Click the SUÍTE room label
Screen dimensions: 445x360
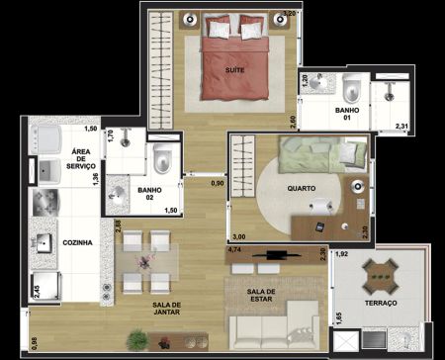point(234,70)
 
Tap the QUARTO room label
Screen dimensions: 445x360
point(302,189)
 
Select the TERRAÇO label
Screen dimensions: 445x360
point(381,303)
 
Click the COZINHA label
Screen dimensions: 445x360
point(77,242)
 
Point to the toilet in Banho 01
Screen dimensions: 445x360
point(351,88)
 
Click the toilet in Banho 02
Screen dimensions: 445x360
point(162,158)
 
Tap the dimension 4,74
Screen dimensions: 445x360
point(234,249)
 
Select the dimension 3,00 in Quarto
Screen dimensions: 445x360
point(239,236)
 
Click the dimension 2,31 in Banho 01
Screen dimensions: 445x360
point(401,126)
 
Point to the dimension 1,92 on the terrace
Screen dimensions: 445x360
point(341,254)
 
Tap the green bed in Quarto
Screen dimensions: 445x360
point(322,154)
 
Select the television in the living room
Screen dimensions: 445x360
point(277,254)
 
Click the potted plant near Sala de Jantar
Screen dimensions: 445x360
point(137,339)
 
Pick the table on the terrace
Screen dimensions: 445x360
point(380,277)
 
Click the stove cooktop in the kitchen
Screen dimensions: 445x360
point(45,202)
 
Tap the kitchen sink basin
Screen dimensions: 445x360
point(44,243)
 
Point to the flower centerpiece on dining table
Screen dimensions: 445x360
point(146,260)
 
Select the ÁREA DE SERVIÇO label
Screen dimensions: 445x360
point(81,159)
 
